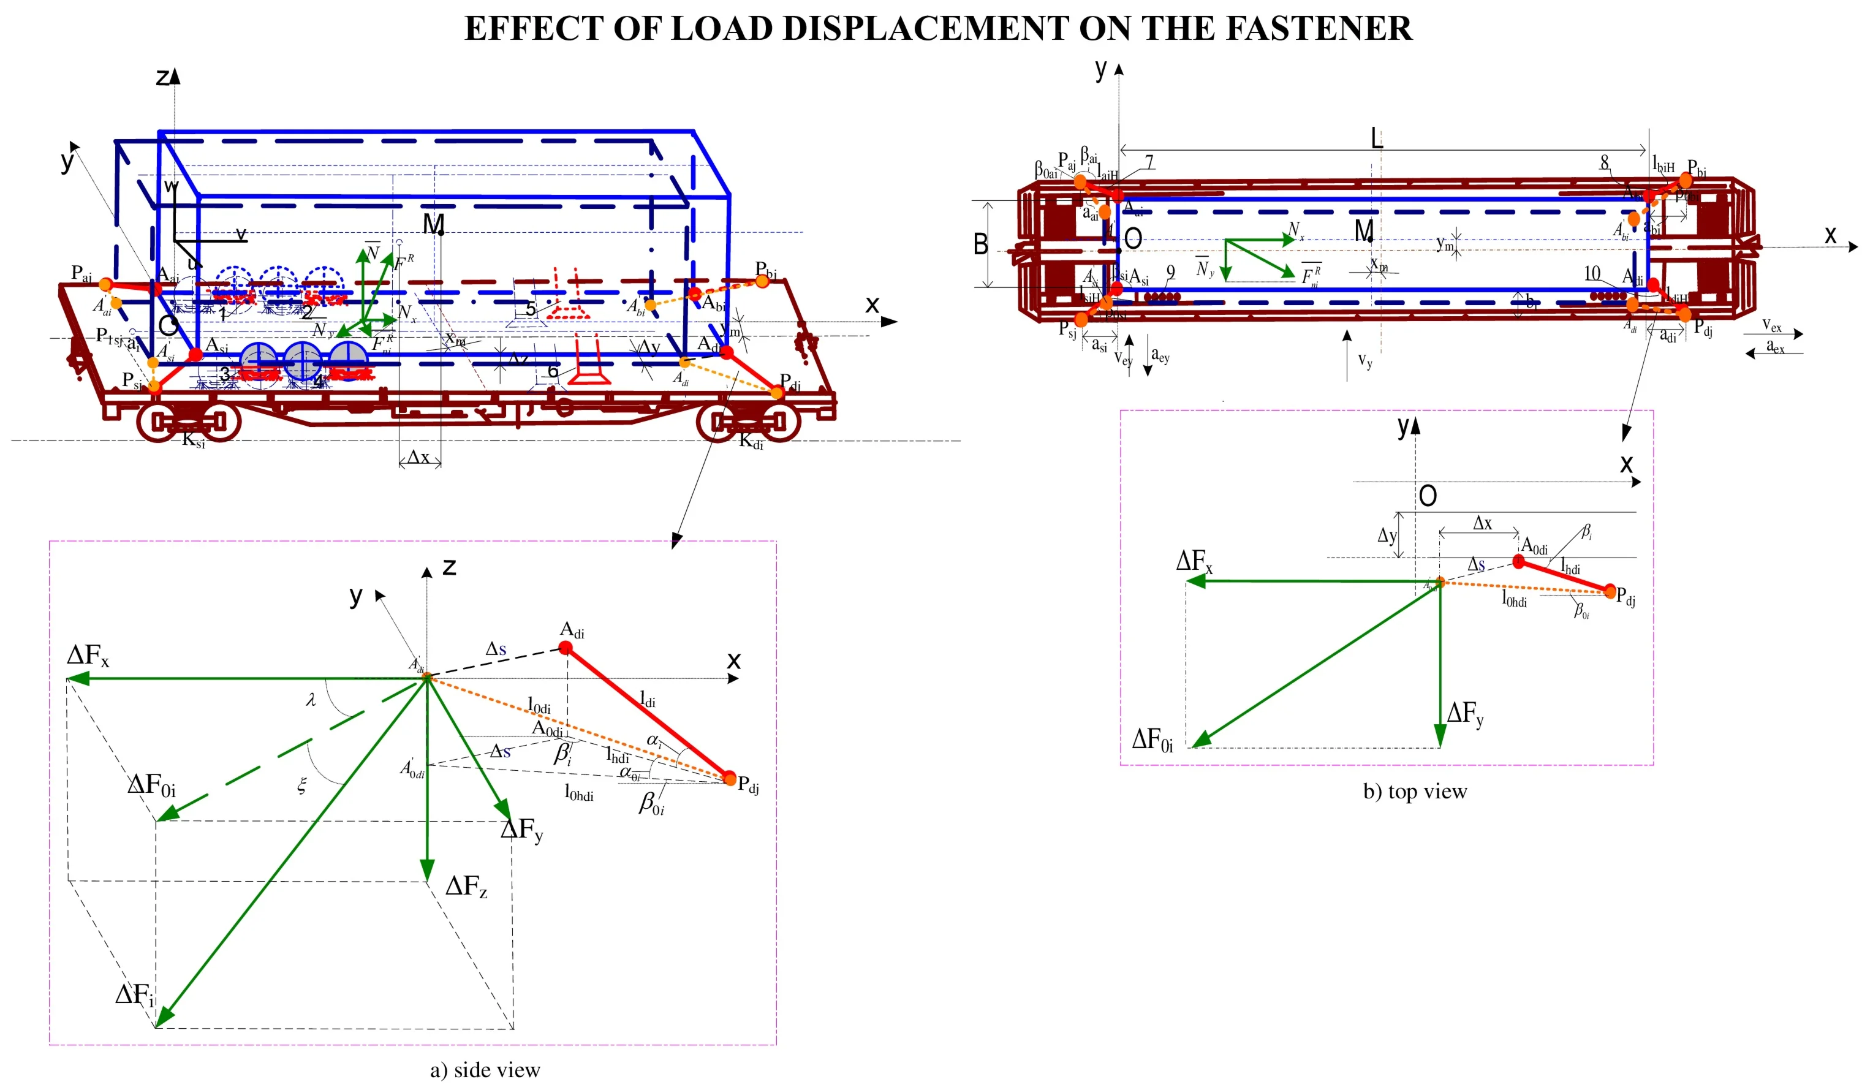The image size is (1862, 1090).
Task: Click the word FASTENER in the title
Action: (1318, 28)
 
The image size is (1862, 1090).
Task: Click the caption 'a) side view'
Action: (485, 1070)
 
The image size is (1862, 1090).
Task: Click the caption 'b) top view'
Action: (1414, 792)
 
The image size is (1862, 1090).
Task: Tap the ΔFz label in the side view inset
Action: (466, 886)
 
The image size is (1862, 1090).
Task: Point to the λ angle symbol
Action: (311, 699)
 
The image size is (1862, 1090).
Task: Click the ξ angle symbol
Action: (301, 785)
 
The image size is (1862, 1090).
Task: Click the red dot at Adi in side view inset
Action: (566, 648)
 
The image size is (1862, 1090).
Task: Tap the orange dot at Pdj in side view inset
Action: (729, 778)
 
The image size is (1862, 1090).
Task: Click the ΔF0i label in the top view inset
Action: (1152, 738)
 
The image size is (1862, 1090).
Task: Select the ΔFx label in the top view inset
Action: (1194, 561)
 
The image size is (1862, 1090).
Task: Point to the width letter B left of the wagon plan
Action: (980, 244)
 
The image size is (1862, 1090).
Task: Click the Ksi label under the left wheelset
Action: (193, 441)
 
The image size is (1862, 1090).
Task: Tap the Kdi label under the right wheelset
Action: (751, 442)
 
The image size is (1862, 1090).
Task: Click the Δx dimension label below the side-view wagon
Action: (419, 456)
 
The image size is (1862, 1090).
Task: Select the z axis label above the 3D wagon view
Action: (164, 77)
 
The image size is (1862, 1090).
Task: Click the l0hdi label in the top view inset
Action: (1513, 599)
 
